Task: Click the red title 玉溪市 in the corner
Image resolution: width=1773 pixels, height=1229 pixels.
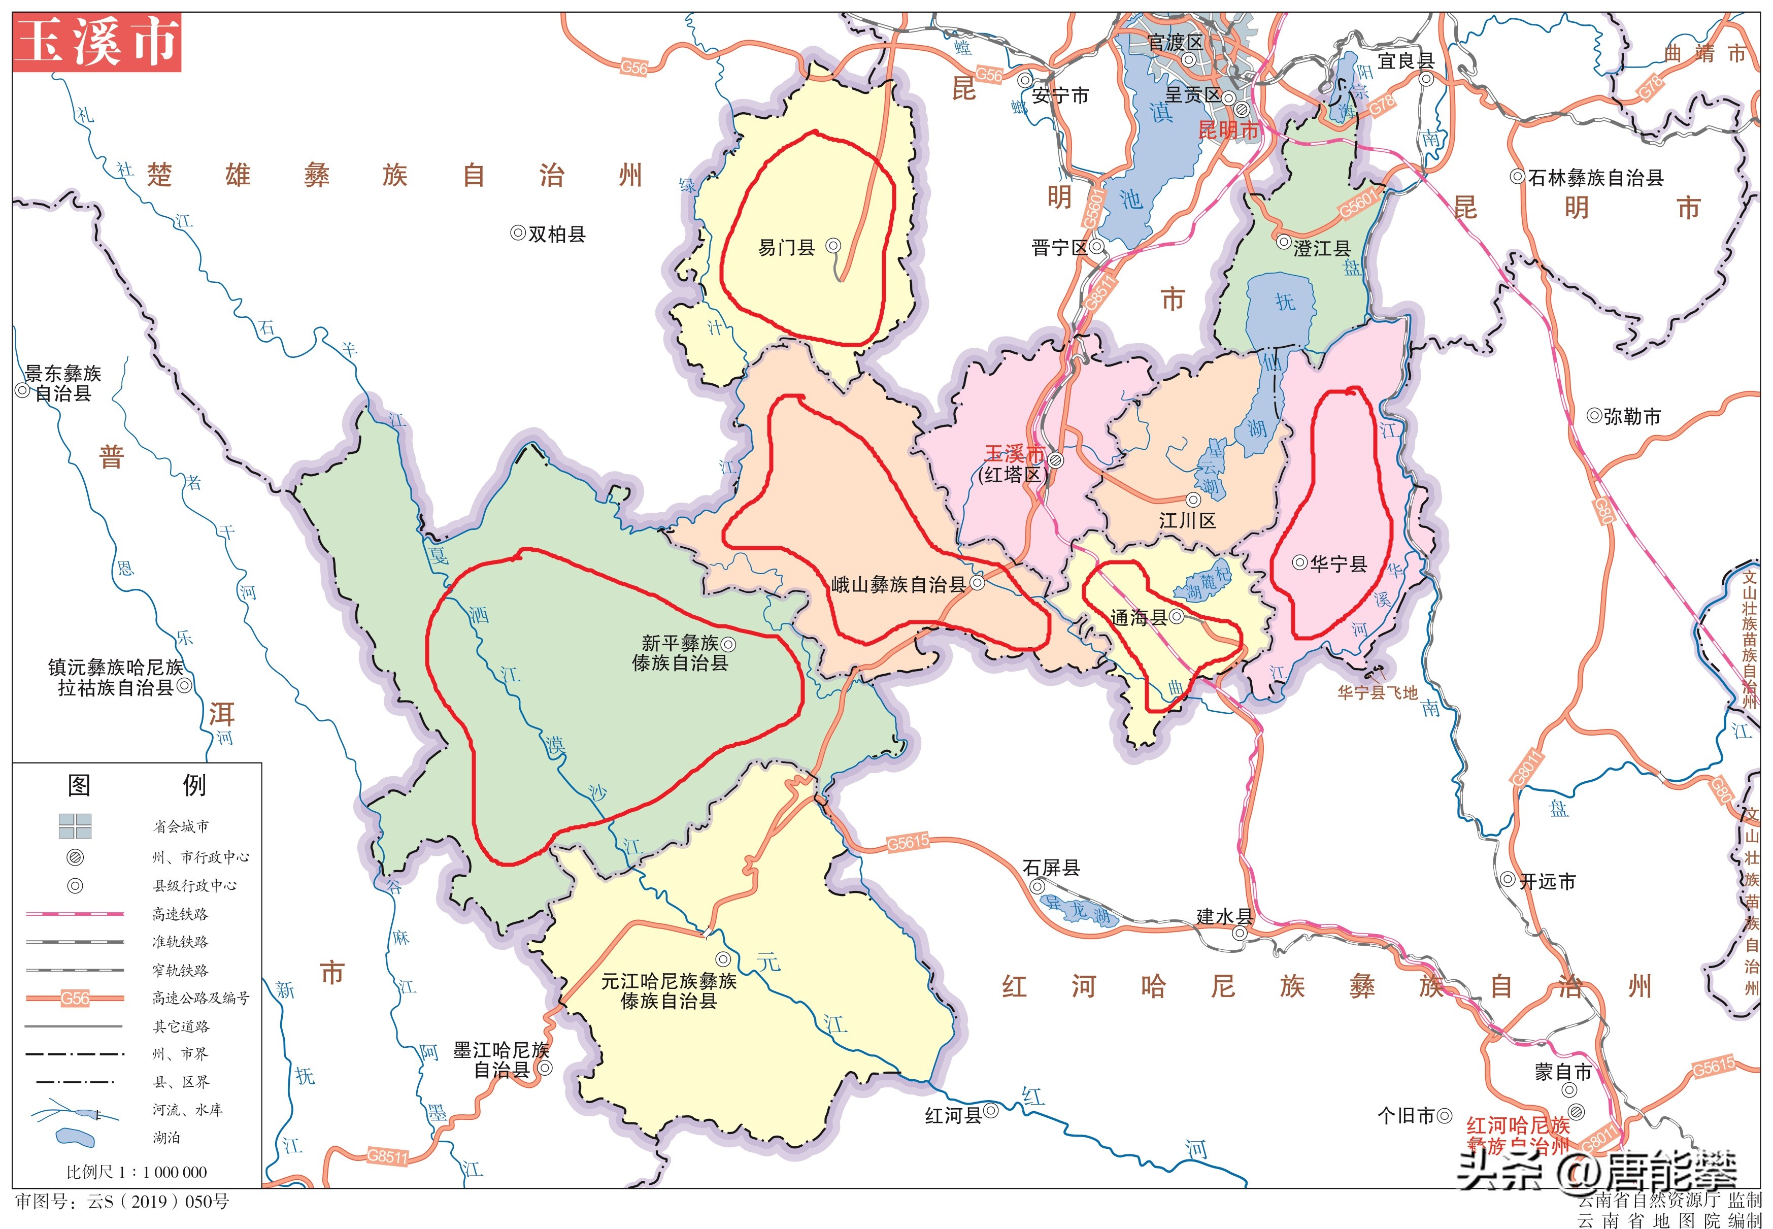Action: pos(97,42)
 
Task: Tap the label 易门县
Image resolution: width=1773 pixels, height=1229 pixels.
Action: pos(786,247)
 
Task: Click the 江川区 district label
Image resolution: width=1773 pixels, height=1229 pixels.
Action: pos(1187,521)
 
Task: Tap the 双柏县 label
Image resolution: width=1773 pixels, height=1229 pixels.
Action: pos(557,234)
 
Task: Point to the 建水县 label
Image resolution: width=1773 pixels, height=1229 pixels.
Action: pos(1224,916)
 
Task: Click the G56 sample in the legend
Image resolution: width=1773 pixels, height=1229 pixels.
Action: pos(75,999)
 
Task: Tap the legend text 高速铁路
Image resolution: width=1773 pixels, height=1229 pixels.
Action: pos(180,914)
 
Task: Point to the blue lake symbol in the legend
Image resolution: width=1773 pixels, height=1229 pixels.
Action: pos(76,1137)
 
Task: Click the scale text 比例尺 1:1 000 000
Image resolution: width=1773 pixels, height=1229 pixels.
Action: pos(136,1172)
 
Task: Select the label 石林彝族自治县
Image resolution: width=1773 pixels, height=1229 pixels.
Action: pos(1595,178)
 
